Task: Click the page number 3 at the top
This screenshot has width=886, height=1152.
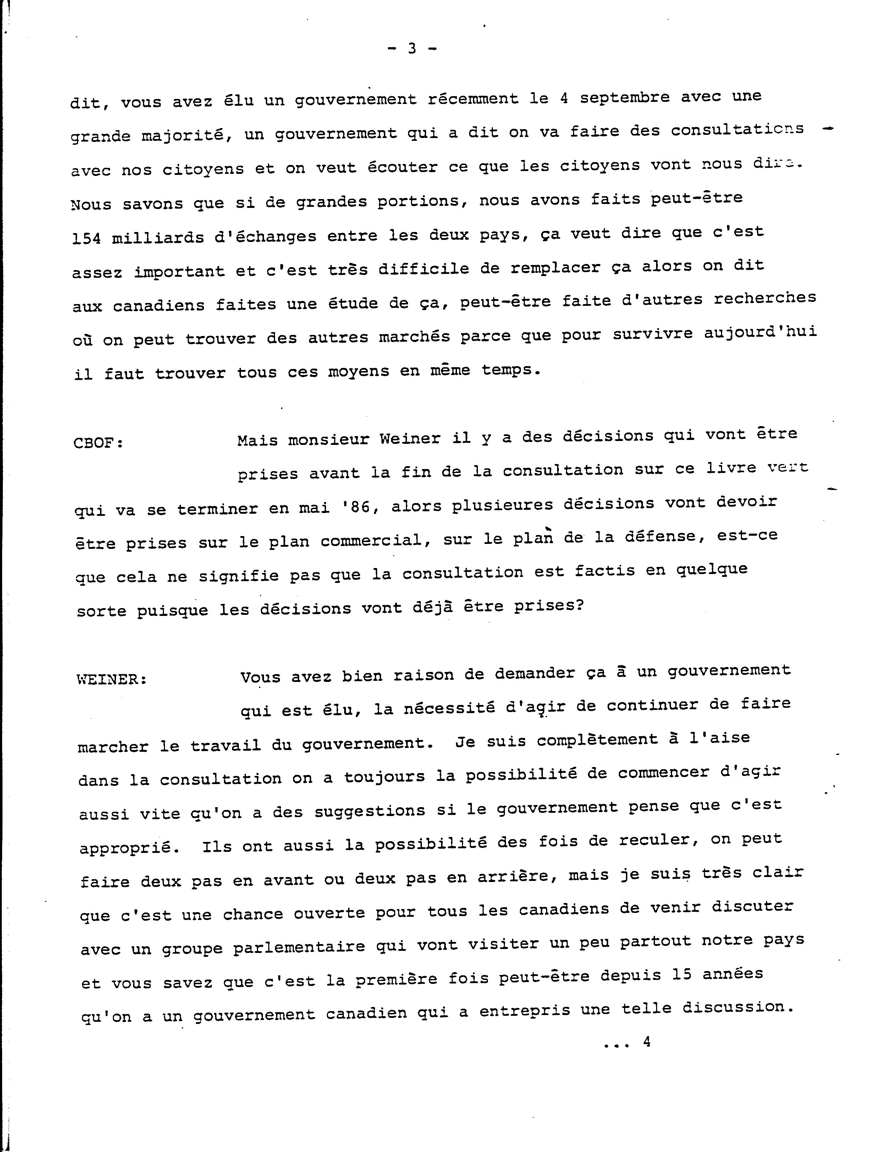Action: (412, 49)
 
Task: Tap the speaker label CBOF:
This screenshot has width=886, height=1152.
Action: (98, 443)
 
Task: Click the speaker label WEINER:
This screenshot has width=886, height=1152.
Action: (112, 680)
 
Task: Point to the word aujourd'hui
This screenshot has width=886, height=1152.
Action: (760, 332)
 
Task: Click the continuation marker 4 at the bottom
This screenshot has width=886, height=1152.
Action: (646, 1042)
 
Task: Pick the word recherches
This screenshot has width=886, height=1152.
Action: (765, 298)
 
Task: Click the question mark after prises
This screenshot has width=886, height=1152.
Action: (579, 605)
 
